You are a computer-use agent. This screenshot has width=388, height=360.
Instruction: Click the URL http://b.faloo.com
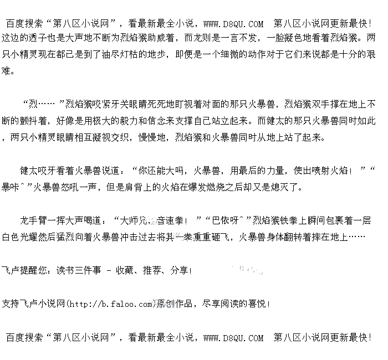pyautogui.click(x=110, y=304)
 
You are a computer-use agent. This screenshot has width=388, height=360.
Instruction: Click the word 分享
pyautogui.click(x=178, y=271)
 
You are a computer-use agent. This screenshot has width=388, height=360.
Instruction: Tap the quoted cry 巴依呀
pyautogui.click(x=226, y=220)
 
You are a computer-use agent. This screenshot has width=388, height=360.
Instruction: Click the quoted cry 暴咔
pyautogui.click(x=11, y=187)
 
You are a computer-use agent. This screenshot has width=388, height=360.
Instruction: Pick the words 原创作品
pyautogui.click(x=175, y=304)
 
